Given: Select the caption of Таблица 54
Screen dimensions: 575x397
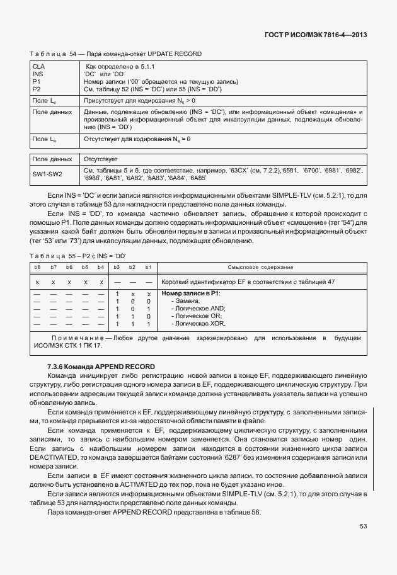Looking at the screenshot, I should [116, 54].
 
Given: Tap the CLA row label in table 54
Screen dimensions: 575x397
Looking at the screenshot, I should [38, 65].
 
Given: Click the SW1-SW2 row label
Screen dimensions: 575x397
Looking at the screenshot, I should [48, 174].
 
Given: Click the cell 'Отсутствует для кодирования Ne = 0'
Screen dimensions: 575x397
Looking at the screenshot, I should [137, 138].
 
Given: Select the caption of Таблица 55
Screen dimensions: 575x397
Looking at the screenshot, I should [78, 255].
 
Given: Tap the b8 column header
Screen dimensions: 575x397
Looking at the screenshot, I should [37, 268].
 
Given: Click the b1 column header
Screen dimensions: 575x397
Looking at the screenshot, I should [148, 268].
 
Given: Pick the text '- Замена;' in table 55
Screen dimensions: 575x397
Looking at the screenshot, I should [186, 301].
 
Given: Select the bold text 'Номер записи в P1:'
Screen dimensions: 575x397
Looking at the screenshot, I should [191, 293].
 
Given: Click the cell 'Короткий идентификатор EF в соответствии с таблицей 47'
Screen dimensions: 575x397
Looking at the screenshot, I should [248, 282].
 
